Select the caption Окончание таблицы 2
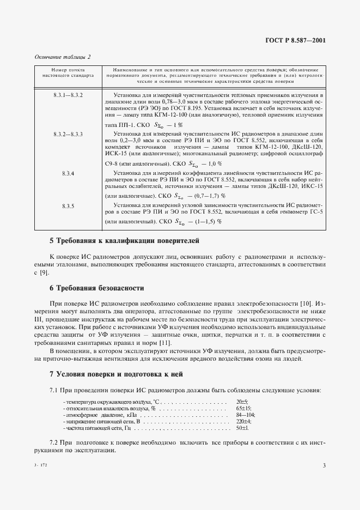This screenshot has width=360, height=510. pyautogui.click(x=63, y=56)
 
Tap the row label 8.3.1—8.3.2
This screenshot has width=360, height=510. pyautogui.click(x=69, y=95)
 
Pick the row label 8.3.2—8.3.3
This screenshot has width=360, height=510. pyautogui.click(x=69, y=133)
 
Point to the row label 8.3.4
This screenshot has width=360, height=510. pyautogui.click(x=69, y=173)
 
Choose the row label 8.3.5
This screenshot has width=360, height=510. pyautogui.click(x=69, y=206)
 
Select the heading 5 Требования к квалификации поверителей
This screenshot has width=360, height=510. pyautogui.click(x=125, y=240)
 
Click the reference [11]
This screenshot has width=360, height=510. pyautogui.click(x=164, y=342)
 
